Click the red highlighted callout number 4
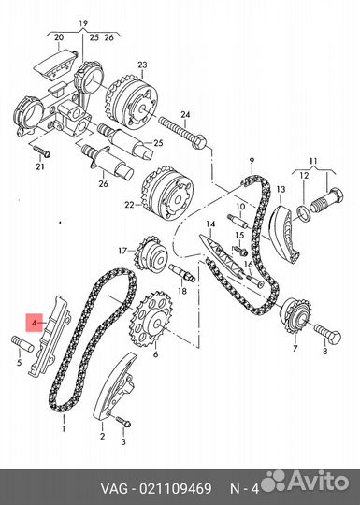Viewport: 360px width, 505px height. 35,322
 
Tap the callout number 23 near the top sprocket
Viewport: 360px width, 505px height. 142,65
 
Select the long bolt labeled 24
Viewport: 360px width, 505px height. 183,134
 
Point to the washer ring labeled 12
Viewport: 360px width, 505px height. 304,214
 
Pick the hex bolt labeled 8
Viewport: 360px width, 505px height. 328,333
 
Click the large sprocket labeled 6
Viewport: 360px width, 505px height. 151,319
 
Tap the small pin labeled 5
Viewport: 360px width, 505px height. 22,344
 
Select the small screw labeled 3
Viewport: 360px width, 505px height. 122,421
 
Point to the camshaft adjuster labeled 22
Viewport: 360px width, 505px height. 167,194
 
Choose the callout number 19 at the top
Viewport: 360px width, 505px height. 83,23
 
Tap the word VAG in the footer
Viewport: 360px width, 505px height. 115,488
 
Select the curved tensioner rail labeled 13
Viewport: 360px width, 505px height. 284,234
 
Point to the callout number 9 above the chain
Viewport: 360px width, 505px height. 252,160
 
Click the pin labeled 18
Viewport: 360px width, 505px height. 182,272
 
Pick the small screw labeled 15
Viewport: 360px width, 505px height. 239,249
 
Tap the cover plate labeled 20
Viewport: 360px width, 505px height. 55,65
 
